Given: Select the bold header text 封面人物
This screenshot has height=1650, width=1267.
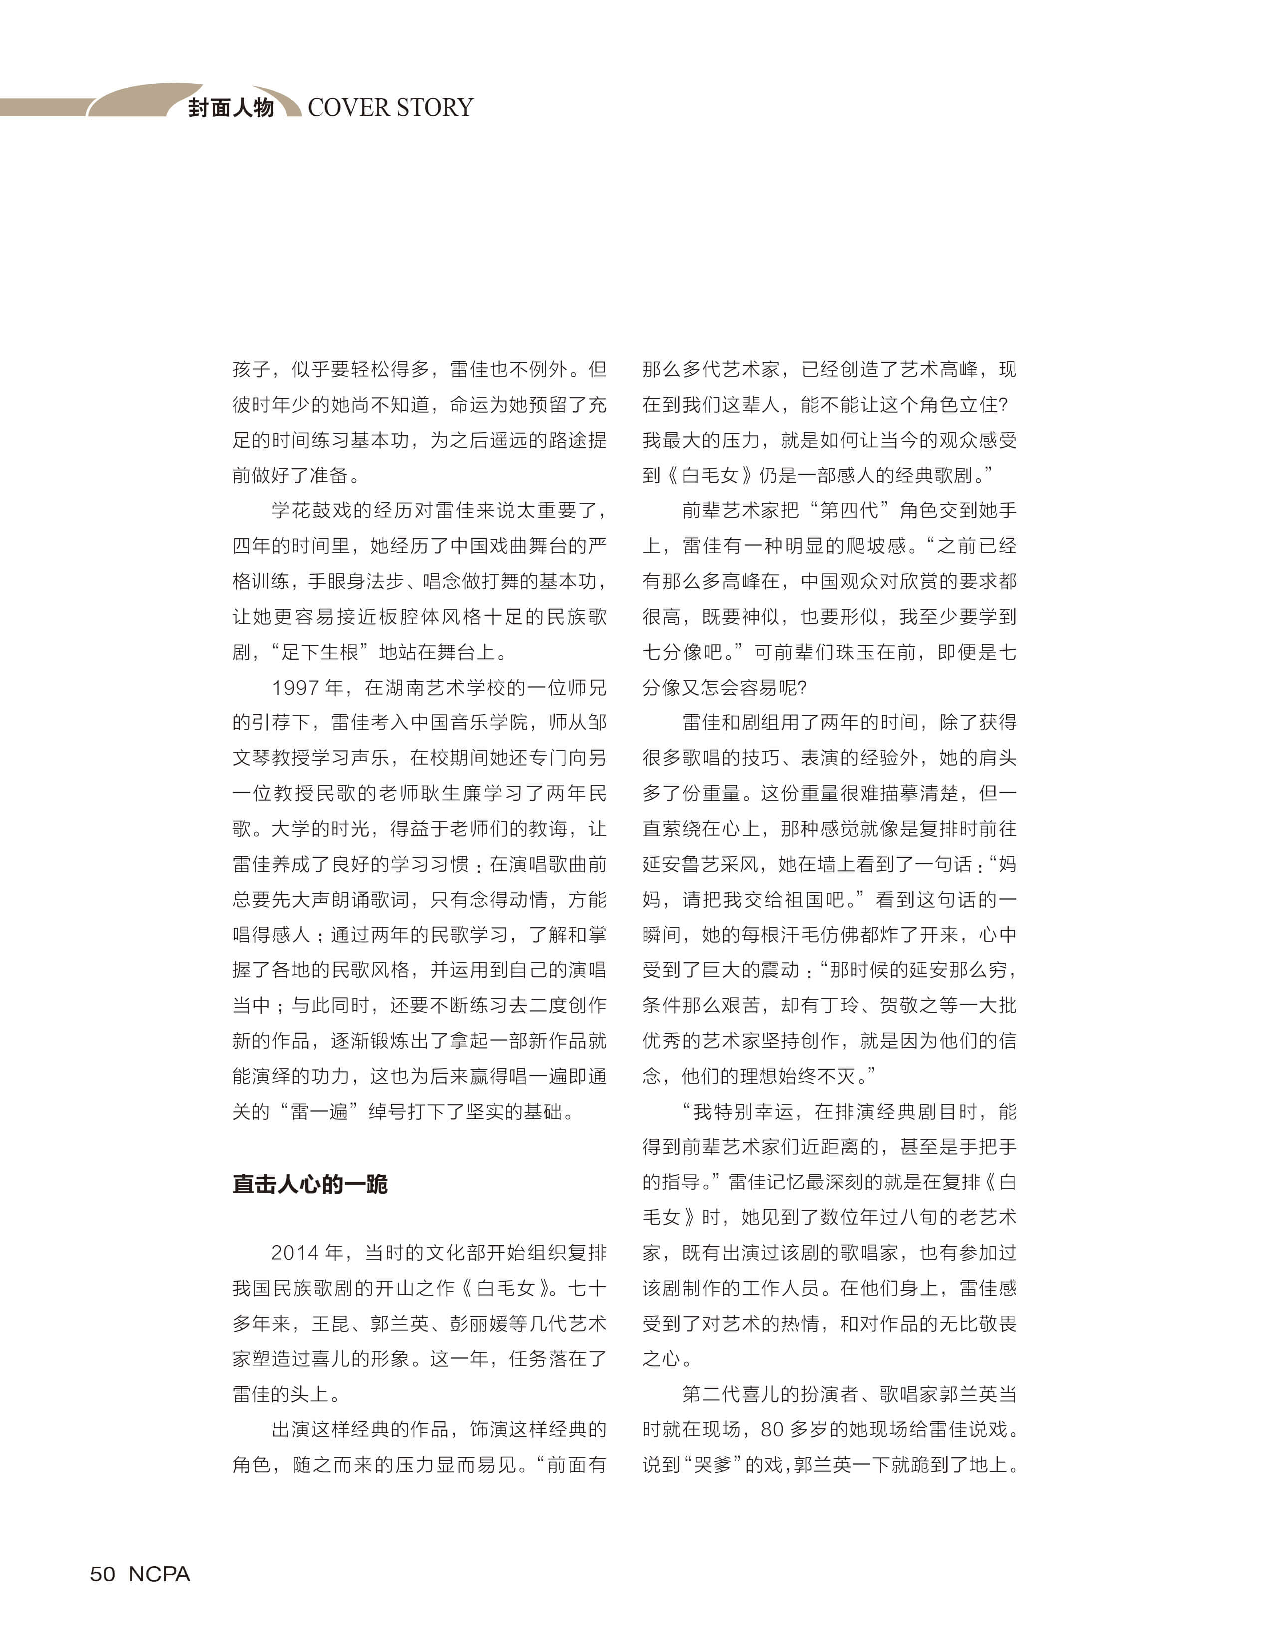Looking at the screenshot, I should (231, 108).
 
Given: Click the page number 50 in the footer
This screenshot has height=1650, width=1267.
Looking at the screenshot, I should (103, 1574).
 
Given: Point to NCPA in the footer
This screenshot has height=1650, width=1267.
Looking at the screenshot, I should (159, 1574).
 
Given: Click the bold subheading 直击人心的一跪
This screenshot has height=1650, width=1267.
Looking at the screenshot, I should (309, 1184).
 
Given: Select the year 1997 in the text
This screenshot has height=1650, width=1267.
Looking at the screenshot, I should (295, 688).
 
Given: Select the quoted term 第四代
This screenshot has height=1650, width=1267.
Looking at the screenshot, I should (850, 510).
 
